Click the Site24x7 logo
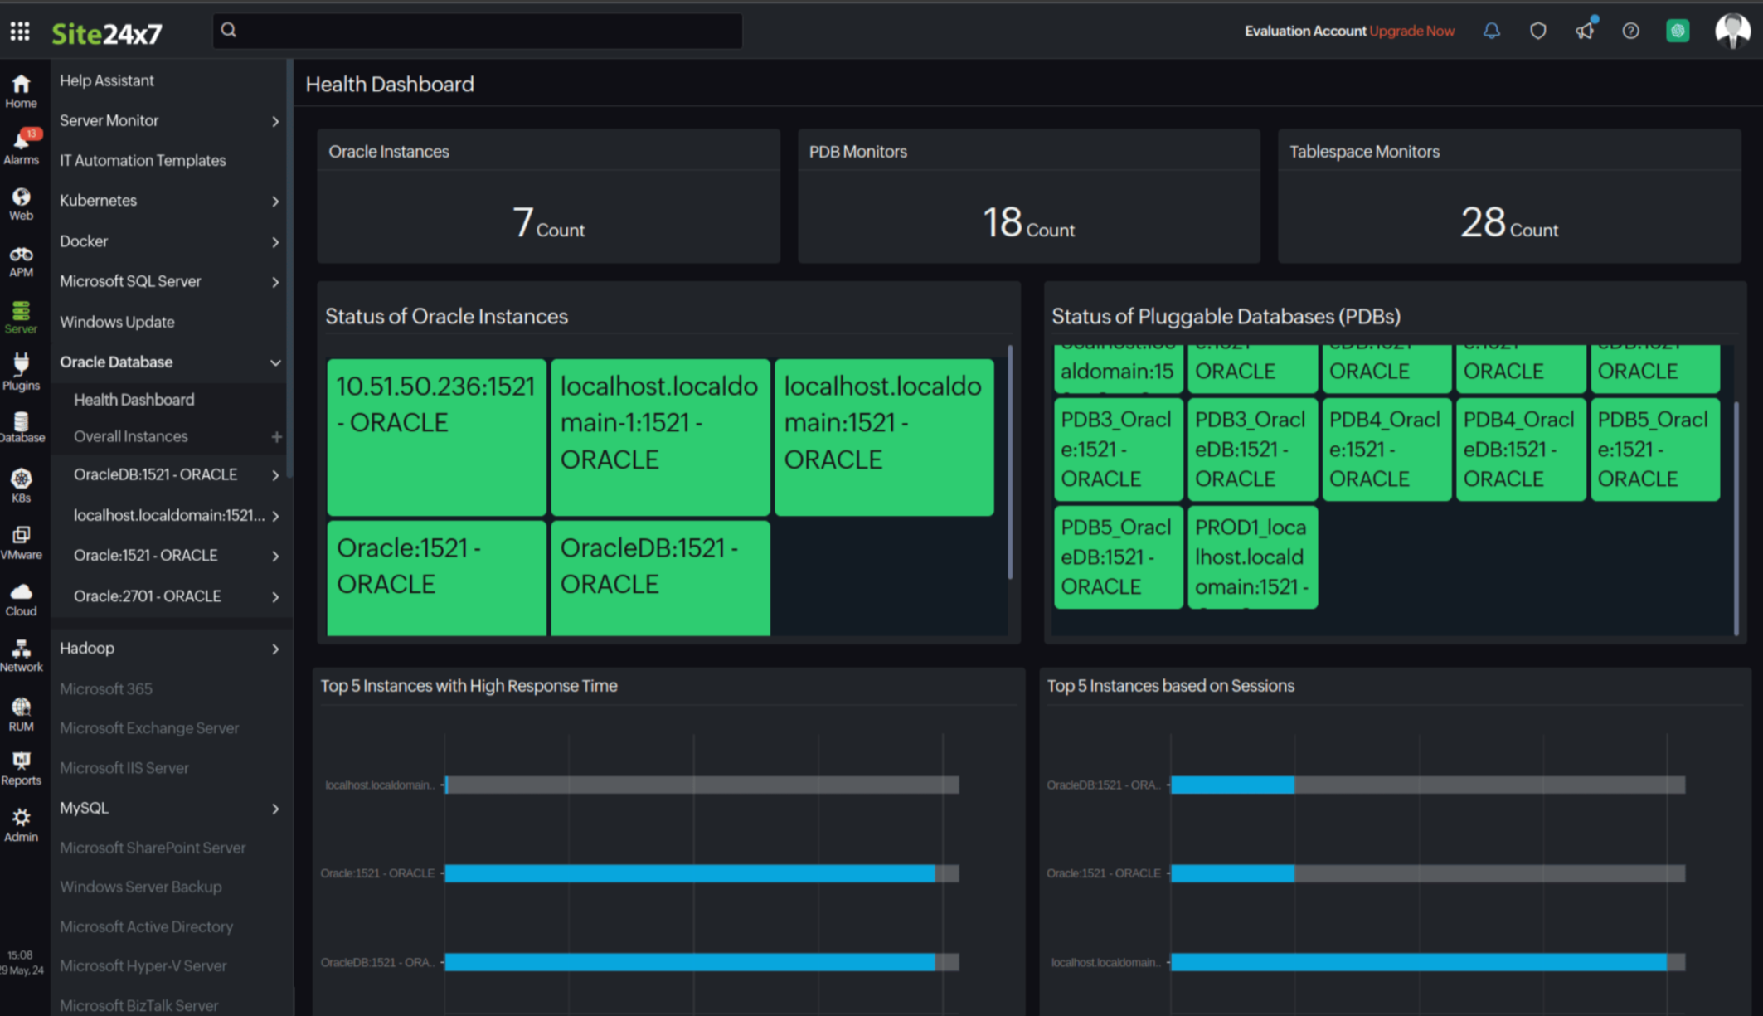point(106,33)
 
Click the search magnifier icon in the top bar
point(229,31)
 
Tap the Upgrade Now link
point(1411,31)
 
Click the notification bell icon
point(1491,31)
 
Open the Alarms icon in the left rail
point(22,146)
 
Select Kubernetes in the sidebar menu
point(98,201)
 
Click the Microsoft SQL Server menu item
point(130,281)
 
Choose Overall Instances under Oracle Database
point(130,436)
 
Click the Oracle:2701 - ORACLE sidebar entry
point(147,596)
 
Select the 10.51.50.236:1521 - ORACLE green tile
point(436,437)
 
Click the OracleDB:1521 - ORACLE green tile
point(660,578)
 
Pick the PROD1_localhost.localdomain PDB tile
point(1252,557)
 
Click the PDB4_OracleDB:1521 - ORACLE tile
point(1520,450)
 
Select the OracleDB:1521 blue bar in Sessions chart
point(1231,785)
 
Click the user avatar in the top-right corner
point(1731,31)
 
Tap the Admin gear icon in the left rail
point(22,824)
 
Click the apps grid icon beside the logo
point(20,32)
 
